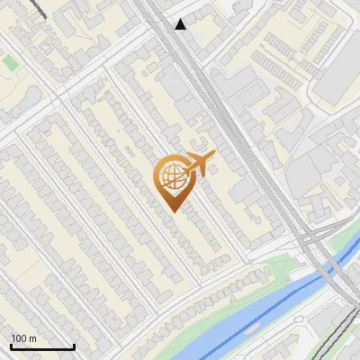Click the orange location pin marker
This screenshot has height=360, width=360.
[177, 180]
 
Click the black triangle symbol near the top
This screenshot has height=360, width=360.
[181, 24]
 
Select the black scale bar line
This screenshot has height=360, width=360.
[42, 347]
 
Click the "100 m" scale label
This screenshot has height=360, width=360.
[24, 338]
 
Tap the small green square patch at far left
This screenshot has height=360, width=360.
[10, 62]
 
